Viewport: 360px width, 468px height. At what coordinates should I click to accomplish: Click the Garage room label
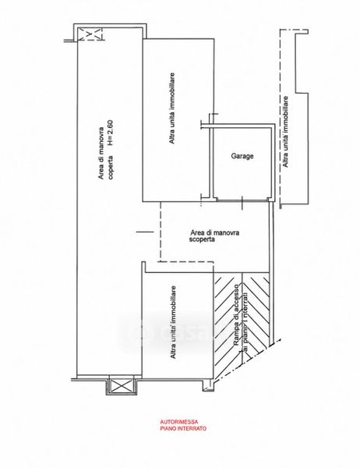coord(242,156)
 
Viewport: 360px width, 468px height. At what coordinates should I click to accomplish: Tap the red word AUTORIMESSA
coord(179,422)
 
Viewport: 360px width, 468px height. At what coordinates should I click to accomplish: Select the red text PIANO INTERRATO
coord(183,428)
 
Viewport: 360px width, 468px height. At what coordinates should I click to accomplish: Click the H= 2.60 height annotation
coord(110,133)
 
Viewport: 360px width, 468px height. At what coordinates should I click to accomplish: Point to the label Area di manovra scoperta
coord(214,236)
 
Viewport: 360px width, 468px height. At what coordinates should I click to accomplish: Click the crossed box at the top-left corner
coord(90,34)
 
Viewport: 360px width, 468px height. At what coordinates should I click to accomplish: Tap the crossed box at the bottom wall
coord(122,385)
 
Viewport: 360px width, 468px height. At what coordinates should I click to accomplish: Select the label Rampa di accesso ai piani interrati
coord(241,318)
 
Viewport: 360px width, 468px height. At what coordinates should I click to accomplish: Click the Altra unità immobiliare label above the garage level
coord(171,108)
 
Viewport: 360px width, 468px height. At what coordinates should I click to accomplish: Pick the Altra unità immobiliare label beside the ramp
coord(172,322)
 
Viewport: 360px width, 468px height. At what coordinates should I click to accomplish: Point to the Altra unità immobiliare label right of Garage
coord(285,132)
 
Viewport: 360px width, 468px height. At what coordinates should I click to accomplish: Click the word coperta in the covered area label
coord(111,168)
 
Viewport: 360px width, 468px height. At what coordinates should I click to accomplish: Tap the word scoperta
coord(202,239)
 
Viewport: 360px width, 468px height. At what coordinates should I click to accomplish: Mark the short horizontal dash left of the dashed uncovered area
coord(145,232)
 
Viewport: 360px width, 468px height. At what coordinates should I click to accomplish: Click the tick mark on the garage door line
coord(242,203)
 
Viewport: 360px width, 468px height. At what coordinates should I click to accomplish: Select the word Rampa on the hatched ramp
coord(236,338)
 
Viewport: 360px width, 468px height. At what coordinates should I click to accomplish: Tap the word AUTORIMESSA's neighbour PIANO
coord(168,428)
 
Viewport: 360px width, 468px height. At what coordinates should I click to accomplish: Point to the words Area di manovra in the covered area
coord(101,154)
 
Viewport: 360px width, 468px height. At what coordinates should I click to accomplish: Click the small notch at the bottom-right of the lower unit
coord(208,385)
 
